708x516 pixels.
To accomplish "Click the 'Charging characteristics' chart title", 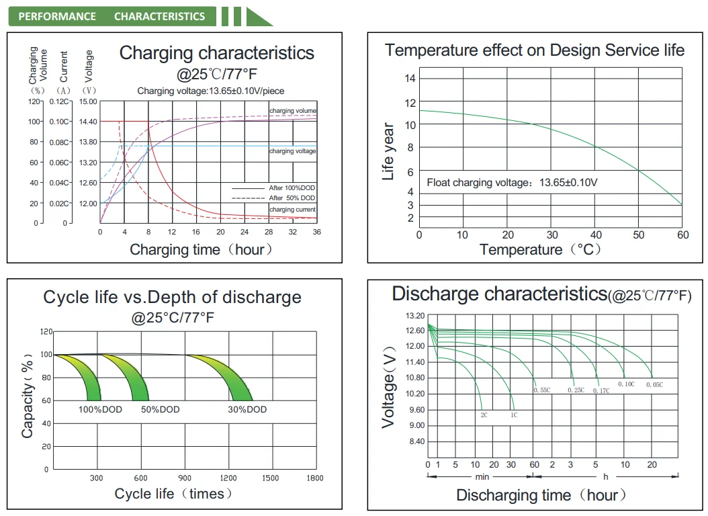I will [x=216, y=53].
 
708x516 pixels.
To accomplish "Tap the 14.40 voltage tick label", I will [x=88, y=122].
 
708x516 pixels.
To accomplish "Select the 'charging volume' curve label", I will [x=292, y=111].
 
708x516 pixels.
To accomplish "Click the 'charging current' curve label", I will [x=292, y=210].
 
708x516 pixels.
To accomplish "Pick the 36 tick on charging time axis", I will [x=316, y=232].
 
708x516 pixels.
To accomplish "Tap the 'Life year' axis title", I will [x=388, y=151].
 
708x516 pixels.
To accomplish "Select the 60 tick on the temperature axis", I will [x=682, y=235].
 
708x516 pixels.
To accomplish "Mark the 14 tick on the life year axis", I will [x=410, y=79].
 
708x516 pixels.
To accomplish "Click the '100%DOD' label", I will [x=101, y=409].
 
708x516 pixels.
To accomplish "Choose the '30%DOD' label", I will [x=247, y=409].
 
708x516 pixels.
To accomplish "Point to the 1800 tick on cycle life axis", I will [x=314, y=478].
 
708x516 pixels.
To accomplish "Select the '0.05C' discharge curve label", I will [x=654, y=384].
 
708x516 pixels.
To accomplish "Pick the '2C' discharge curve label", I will [x=484, y=415].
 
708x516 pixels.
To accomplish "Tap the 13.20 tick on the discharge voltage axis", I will [x=416, y=316].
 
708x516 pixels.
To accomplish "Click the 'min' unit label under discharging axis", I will [x=482, y=477].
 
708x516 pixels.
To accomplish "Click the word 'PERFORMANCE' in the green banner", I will [x=57, y=16].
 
